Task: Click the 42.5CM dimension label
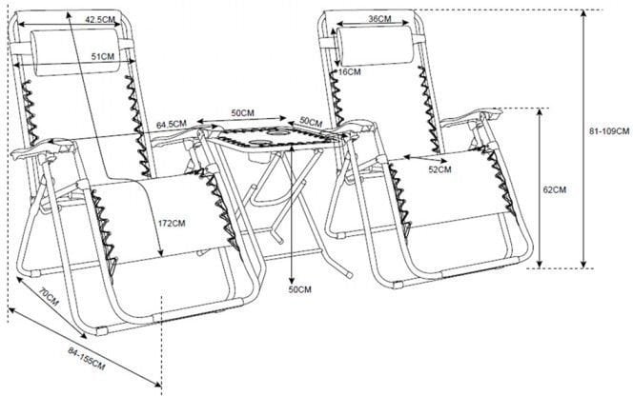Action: tap(100, 19)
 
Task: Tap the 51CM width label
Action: tap(103, 56)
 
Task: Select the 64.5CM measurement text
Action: tap(172, 124)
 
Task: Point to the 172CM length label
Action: tap(172, 223)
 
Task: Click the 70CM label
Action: tap(50, 296)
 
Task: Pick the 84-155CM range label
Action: tap(87, 359)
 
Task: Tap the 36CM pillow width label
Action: tap(379, 18)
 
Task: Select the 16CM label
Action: tap(350, 72)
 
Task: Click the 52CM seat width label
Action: tap(439, 169)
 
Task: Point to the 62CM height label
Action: tap(555, 190)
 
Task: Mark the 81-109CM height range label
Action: tap(609, 131)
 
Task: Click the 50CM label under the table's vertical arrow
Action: tap(299, 289)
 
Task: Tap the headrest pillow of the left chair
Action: tap(75, 52)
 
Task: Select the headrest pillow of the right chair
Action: tap(376, 46)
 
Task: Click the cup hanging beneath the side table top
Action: tap(255, 156)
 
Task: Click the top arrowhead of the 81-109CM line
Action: tap(583, 13)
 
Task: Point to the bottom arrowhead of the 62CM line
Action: tap(540, 264)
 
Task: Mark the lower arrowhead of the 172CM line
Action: tap(161, 253)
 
